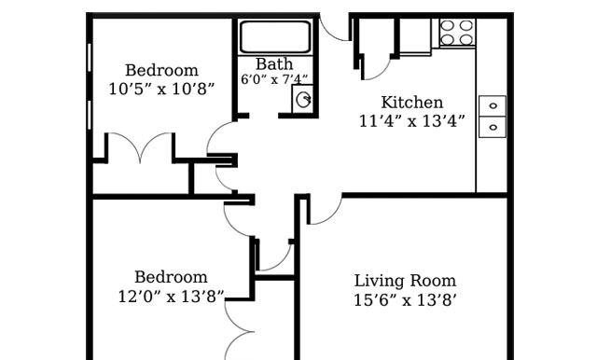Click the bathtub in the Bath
pyautogui.click(x=275, y=37)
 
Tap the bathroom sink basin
pyautogui.click(x=303, y=100)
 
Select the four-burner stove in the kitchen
pyautogui.click(x=456, y=32)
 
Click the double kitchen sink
pyautogui.click(x=493, y=117)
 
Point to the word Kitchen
pyautogui.click(x=412, y=103)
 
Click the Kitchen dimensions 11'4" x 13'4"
pyautogui.click(x=412, y=121)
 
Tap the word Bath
pyautogui.click(x=274, y=64)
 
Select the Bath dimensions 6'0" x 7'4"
pyautogui.click(x=274, y=79)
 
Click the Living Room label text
pyautogui.click(x=405, y=281)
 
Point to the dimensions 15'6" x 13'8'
pyautogui.click(x=405, y=300)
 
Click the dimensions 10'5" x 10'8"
pyautogui.click(x=161, y=89)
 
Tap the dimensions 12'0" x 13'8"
pyautogui.click(x=171, y=296)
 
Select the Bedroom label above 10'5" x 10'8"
pyautogui.click(x=161, y=70)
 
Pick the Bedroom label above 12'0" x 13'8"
pyautogui.click(x=171, y=277)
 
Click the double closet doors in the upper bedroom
pyautogui.click(x=141, y=146)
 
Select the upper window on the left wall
pyautogui.click(x=90, y=58)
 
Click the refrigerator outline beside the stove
pyautogui.click(x=415, y=35)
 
